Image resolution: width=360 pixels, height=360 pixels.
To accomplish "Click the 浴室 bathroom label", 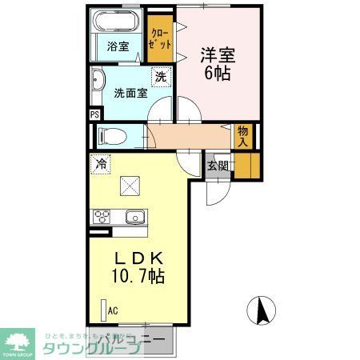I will [118, 46].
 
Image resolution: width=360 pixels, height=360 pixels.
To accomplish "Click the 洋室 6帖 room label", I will [218, 62].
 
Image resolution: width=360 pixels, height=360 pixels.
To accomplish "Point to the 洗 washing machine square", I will [160, 77].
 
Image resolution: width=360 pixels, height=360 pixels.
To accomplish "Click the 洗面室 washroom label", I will [129, 93].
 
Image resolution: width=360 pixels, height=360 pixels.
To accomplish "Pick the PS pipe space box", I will [94, 114].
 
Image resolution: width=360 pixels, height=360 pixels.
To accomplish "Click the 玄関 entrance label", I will [217, 166].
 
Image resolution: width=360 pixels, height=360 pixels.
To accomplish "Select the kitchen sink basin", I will [134, 216].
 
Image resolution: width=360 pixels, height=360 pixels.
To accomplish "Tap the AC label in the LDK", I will [113, 310].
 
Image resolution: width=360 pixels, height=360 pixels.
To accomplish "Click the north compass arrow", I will [261, 309].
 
